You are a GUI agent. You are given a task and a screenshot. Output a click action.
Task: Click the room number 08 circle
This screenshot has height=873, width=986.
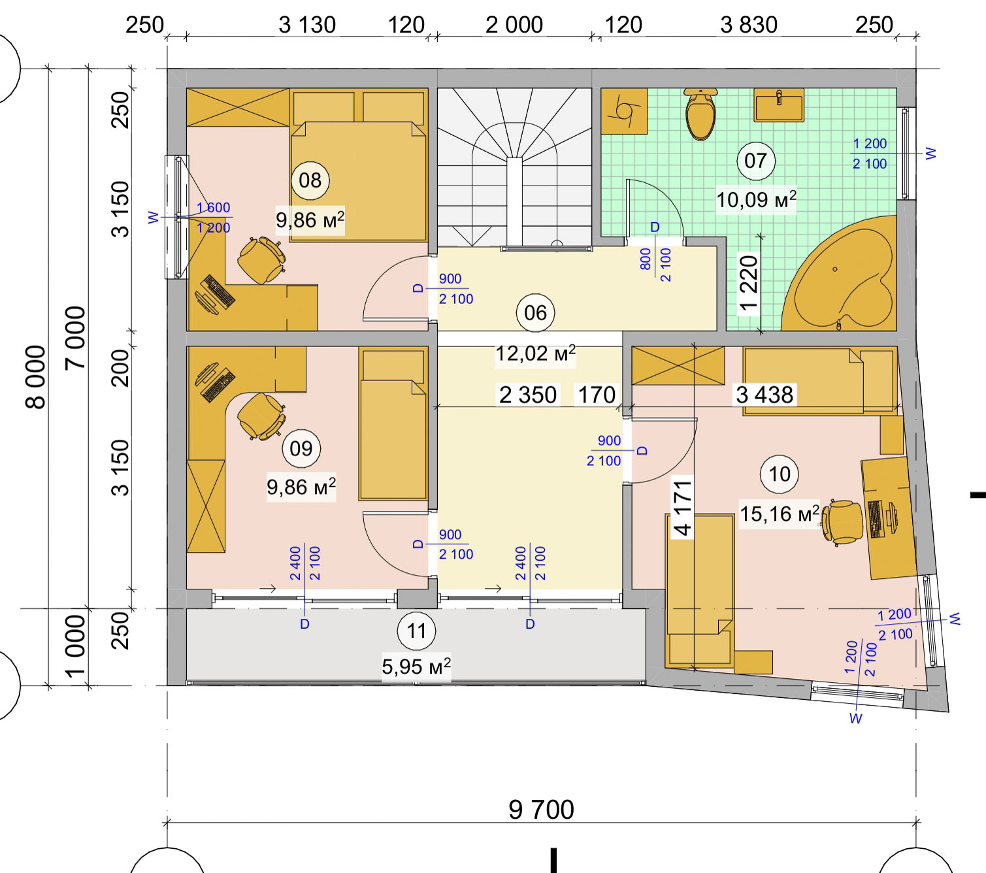click(x=310, y=180)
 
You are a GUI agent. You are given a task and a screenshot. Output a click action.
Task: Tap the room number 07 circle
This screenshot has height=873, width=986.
click(x=755, y=161)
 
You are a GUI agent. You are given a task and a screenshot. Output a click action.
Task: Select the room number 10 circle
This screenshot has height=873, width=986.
click(x=779, y=474)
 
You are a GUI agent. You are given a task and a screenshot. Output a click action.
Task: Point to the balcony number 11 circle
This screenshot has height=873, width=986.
click(x=416, y=631)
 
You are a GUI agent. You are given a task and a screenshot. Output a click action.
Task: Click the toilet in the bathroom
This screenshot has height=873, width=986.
click(x=700, y=114)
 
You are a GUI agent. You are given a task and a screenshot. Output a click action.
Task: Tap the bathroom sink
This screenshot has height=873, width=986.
click(x=779, y=105)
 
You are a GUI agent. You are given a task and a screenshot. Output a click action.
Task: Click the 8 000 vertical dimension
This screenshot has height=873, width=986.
click(x=35, y=377)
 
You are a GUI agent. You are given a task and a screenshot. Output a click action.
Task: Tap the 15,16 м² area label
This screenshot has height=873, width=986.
click(x=780, y=514)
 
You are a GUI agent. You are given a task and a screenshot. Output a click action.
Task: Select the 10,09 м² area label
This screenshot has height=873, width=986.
click(x=756, y=200)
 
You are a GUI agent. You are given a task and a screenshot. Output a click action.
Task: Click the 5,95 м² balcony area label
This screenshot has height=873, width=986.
click(x=416, y=667)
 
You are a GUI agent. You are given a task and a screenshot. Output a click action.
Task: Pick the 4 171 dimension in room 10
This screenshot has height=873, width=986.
click(x=682, y=508)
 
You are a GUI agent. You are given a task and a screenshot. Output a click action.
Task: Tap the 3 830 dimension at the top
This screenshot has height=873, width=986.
click(x=749, y=25)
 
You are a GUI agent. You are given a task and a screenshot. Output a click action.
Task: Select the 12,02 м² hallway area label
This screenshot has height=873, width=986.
click(x=535, y=354)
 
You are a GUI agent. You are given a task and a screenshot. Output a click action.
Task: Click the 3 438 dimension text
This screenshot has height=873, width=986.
click(x=764, y=395)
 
